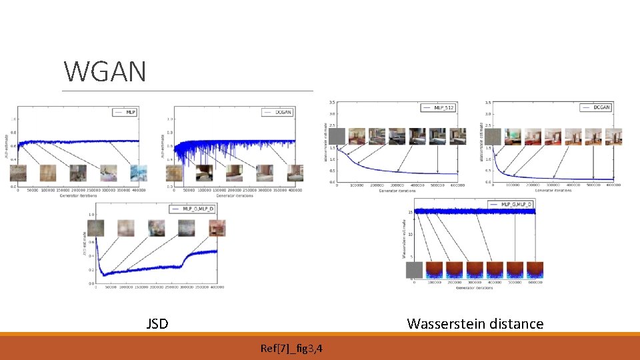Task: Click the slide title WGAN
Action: coord(105,71)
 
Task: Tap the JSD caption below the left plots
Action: coord(157,324)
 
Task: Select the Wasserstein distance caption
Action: coord(475,324)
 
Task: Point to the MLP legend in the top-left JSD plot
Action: coord(125,113)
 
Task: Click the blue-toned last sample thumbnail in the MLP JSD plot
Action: coord(139,173)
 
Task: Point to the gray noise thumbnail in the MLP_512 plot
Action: coord(337,137)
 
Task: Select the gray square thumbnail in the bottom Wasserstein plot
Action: coord(415,270)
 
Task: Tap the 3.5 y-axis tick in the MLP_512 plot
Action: coord(332,103)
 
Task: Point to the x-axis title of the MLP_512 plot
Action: coord(397,191)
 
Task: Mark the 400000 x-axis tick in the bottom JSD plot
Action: coord(216,287)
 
